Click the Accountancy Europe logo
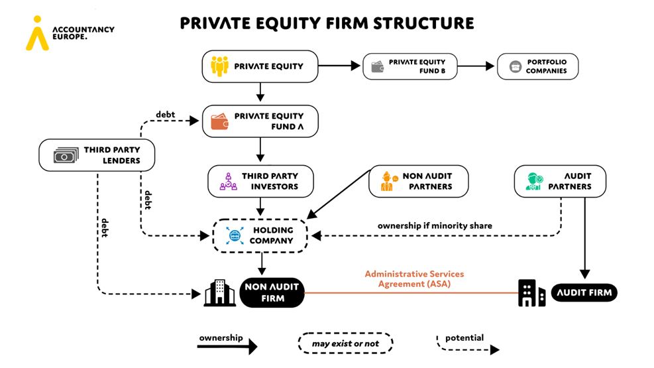click(x=69, y=33)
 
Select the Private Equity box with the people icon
click(x=260, y=67)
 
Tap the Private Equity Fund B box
click(x=409, y=67)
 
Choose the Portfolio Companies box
click(x=537, y=67)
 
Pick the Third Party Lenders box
click(x=97, y=155)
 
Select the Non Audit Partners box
click(x=418, y=182)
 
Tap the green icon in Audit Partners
click(x=533, y=182)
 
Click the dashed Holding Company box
click(x=260, y=235)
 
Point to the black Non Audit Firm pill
click(x=272, y=292)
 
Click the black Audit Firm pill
click(x=584, y=292)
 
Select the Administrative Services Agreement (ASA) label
click(x=414, y=278)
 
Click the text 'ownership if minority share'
click(x=435, y=225)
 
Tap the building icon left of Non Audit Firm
click(x=219, y=292)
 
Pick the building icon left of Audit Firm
click(x=531, y=292)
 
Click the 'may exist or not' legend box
click(x=344, y=343)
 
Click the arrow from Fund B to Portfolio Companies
click(x=476, y=66)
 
